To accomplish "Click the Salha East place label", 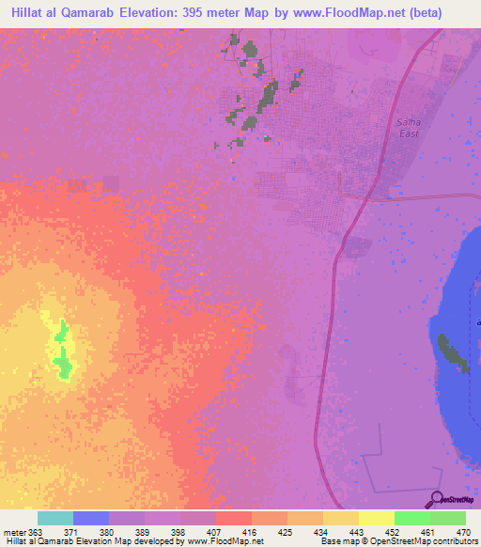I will coord(409,128).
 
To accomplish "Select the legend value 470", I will coord(463,532).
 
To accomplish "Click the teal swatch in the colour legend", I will coord(54,518).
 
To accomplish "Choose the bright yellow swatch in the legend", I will coord(376,518).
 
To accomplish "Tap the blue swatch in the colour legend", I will coord(90,518).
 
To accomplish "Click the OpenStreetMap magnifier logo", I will coord(435,500).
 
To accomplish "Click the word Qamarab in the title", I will coord(94,14).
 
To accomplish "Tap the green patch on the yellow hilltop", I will coord(63,352).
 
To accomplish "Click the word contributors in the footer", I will coord(457,542).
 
